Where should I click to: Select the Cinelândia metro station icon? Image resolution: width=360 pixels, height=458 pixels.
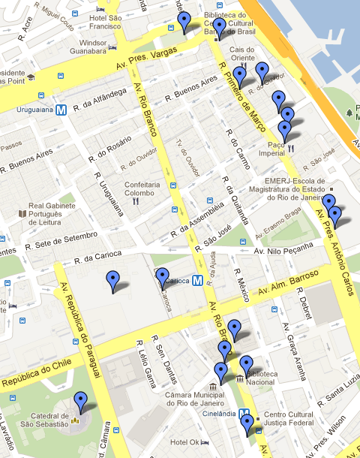245,412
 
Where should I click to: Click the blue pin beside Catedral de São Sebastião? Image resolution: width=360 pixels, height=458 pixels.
80,402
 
